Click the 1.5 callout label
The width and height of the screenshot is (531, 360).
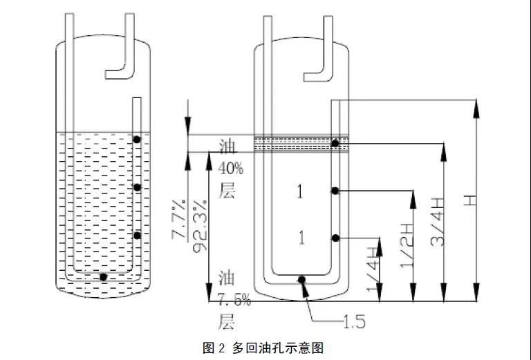[x=355, y=321]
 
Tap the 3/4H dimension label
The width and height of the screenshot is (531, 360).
[x=437, y=222]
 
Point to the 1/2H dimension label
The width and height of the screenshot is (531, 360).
[x=407, y=245]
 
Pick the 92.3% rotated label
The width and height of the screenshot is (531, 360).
[x=200, y=226]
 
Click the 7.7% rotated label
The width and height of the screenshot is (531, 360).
[x=179, y=220]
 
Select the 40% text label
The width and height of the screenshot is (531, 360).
[x=230, y=168]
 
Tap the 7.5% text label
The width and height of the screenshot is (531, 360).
[x=234, y=300]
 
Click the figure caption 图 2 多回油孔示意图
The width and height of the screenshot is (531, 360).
[x=263, y=348]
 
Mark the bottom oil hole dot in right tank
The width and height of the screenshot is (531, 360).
[x=301, y=279]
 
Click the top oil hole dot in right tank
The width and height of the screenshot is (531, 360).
[x=335, y=144]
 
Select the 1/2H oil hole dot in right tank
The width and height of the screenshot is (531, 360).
[x=335, y=191]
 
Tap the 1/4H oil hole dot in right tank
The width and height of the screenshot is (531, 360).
[x=335, y=238]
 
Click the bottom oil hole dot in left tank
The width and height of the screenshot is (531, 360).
[x=104, y=277]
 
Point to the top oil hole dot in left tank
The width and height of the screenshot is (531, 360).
[x=136, y=140]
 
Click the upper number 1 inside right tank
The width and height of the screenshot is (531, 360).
[x=300, y=192]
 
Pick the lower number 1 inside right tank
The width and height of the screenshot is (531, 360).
[x=301, y=238]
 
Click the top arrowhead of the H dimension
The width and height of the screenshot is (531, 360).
[x=476, y=108]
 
